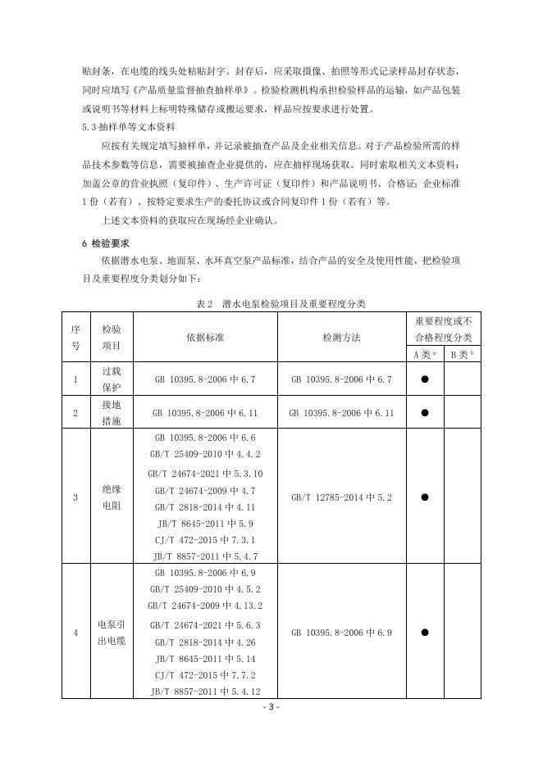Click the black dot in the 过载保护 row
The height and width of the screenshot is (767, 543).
tap(425, 379)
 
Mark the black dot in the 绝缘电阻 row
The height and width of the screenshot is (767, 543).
tap(425, 497)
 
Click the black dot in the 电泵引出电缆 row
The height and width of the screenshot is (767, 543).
tap(425, 633)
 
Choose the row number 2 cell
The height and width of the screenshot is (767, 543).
tap(75, 413)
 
